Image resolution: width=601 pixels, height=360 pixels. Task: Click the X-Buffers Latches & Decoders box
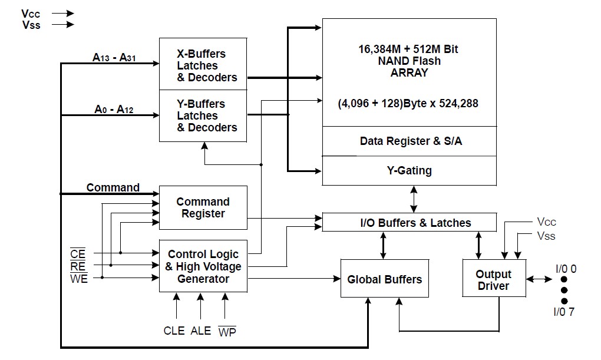(203, 65)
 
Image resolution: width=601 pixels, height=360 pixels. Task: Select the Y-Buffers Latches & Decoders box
(203, 115)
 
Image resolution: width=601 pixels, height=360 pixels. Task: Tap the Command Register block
(203, 207)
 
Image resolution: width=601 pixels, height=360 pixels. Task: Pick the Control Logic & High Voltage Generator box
(203, 266)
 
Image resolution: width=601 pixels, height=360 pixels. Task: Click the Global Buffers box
(384, 279)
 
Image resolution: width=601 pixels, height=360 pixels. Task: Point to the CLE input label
(174, 331)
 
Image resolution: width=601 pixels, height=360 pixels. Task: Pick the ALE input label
(201, 331)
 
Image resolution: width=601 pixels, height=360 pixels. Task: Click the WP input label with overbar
(227, 331)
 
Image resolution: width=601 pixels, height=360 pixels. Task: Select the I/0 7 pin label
(563, 312)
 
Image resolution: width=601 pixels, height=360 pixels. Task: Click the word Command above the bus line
(113, 187)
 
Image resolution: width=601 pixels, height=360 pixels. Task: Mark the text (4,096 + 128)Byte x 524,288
(408, 103)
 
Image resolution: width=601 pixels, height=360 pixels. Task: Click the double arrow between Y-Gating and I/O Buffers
(414, 199)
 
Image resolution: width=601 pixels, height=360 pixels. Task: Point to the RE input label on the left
(78, 266)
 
